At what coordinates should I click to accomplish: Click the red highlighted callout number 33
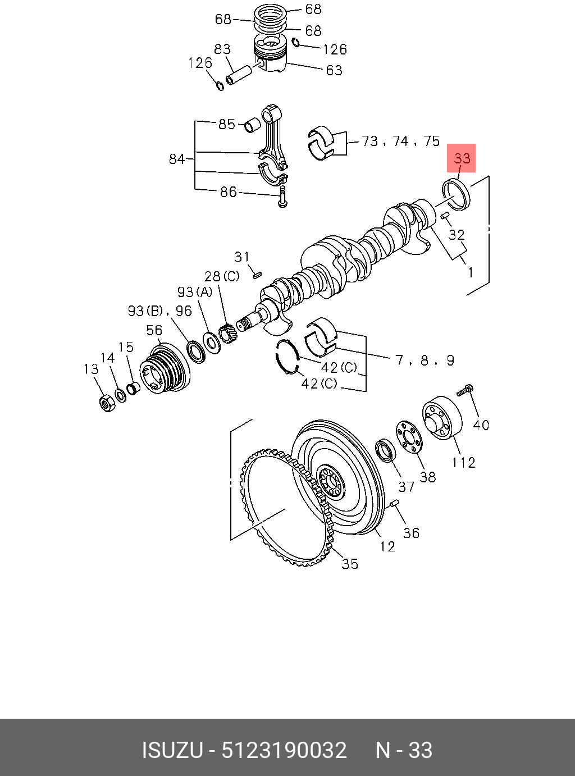pyautogui.click(x=462, y=158)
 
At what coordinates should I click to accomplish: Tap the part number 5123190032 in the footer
pyautogui.click(x=284, y=750)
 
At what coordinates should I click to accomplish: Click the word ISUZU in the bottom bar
pyautogui.click(x=172, y=750)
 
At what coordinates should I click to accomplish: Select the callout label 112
pyautogui.click(x=464, y=463)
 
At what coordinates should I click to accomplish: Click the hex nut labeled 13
pyautogui.click(x=106, y=403)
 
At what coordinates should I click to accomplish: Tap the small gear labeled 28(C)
pyautogui.click(x=227, y=335)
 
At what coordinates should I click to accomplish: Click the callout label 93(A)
pyautogui.click(x=195, y=292)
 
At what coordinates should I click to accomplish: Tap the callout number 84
pyautogui.click(x=177, y=159)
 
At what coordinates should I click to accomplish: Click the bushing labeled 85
pyautogui.click(x=251, y=125)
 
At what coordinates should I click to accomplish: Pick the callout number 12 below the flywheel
pyautogui.click(x=387, y=546)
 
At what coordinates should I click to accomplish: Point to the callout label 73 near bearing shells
pyautogui.click(x=370, y=141)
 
